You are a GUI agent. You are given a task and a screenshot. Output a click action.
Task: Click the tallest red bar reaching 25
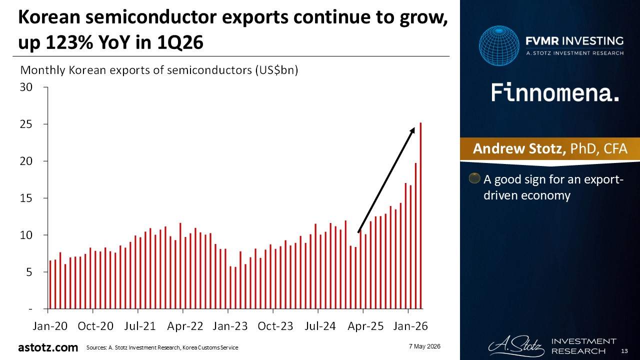[420, 215]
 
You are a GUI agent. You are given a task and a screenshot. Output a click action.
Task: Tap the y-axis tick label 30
[26, 87]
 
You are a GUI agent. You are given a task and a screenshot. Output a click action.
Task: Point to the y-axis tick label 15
[26, 198]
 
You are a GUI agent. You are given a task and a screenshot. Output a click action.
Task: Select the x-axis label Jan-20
[50, 326]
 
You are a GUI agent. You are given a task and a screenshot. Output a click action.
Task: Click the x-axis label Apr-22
[185, 326]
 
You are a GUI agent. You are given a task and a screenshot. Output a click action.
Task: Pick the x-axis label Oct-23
[275, 326]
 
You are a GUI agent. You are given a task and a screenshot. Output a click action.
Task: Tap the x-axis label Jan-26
[410, 326]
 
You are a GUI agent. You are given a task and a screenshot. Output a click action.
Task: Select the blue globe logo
[499, 45]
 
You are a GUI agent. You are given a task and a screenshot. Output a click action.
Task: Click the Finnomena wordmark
[555, 92]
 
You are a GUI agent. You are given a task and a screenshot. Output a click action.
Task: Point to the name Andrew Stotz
[519, 148]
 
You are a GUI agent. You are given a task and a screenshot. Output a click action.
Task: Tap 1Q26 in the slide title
[180, 42]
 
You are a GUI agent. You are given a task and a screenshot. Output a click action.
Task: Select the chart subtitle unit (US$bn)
[276, 70]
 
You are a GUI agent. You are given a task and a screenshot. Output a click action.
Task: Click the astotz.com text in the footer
[48, 347]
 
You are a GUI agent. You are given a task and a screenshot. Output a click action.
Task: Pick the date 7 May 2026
[424, 346]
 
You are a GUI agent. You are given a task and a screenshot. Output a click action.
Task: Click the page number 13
[624, 351]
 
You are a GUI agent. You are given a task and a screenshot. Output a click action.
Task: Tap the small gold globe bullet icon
[474, 178]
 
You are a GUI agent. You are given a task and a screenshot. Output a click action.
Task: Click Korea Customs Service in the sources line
[210, 347]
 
